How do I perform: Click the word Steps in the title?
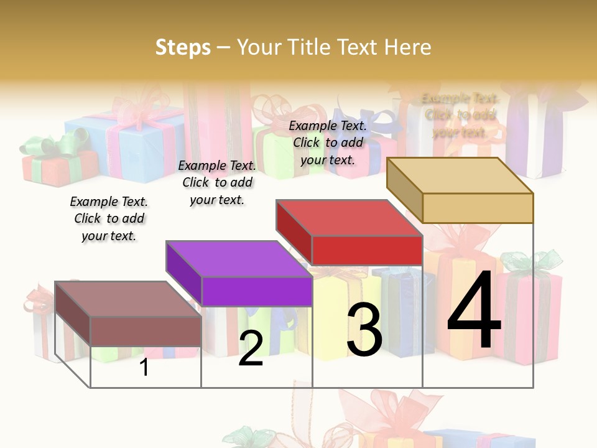183,47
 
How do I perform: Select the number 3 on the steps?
364,330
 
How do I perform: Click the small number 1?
144,367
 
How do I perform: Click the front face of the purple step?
257,291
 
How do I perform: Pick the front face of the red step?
367,250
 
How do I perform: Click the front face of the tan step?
478,208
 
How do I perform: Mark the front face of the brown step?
146,331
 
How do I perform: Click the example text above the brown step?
109,218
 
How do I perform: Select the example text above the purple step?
217,182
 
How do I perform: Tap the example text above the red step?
328,142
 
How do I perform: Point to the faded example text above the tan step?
460,115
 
